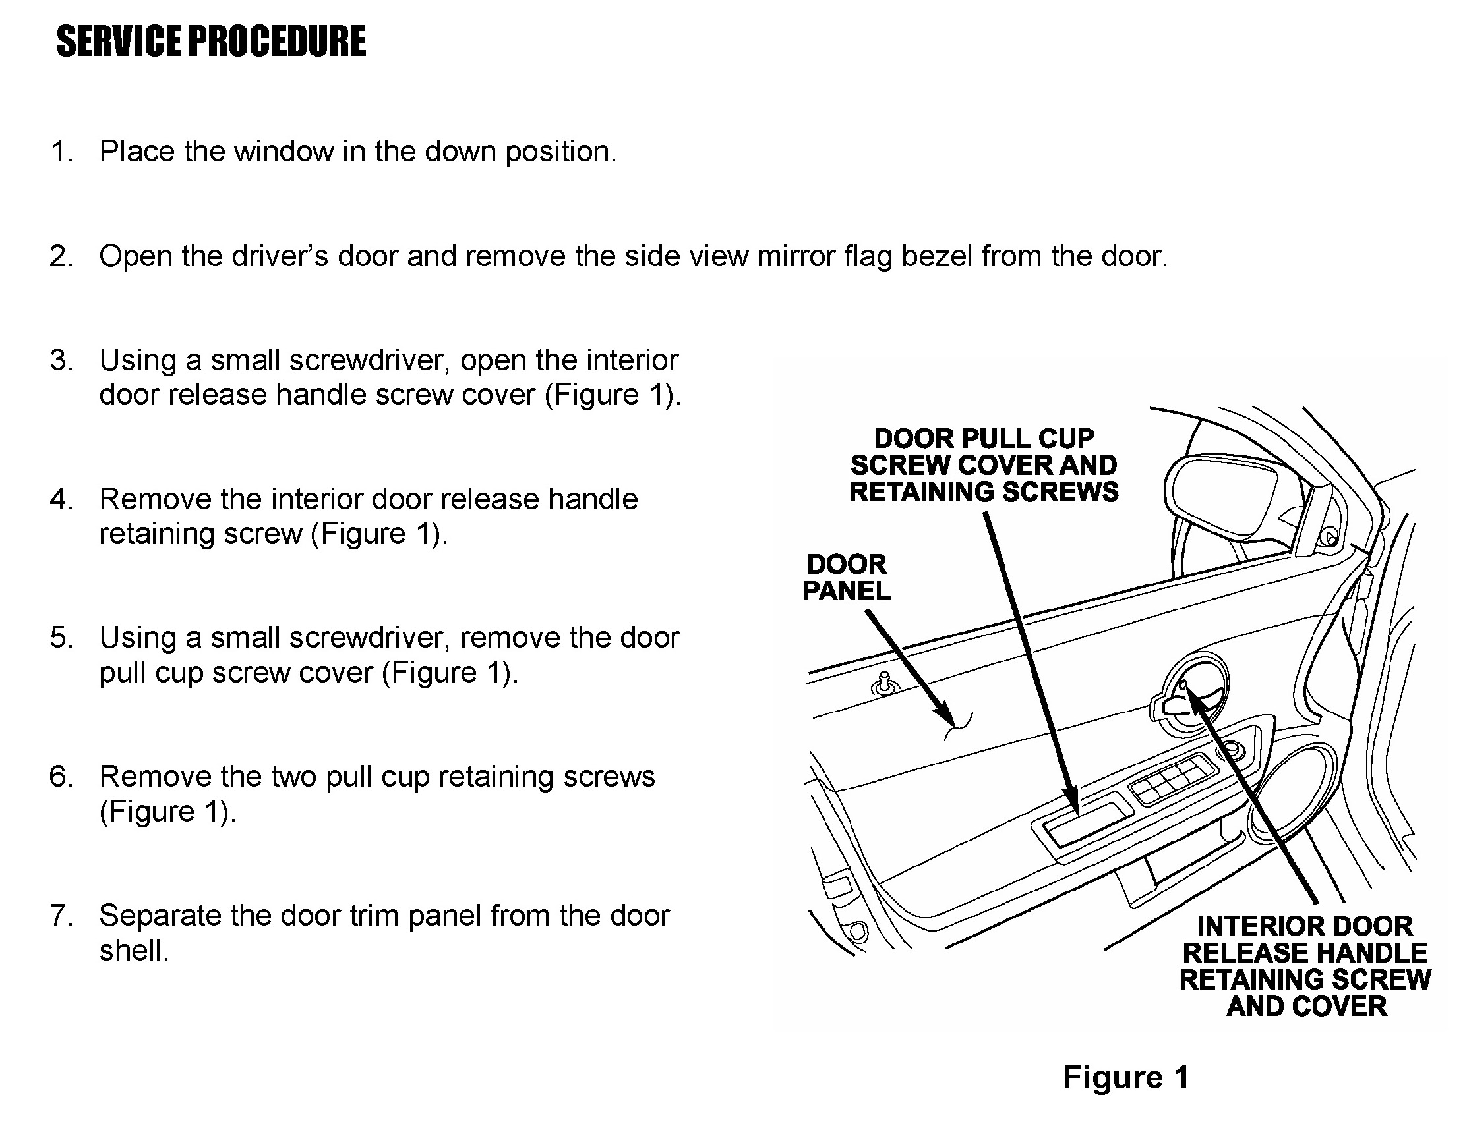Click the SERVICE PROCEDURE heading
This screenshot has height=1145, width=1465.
point(211,42)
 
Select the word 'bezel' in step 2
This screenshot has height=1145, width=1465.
point(936,256)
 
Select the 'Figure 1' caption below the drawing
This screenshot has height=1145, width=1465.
point(1126,1077)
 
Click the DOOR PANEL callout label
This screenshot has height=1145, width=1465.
point(846,578)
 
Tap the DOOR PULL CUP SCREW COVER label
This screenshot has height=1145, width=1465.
point(984,465)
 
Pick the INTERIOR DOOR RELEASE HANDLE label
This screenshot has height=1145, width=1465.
point(1305,966)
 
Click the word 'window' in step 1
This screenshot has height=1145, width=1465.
point(283,152)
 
